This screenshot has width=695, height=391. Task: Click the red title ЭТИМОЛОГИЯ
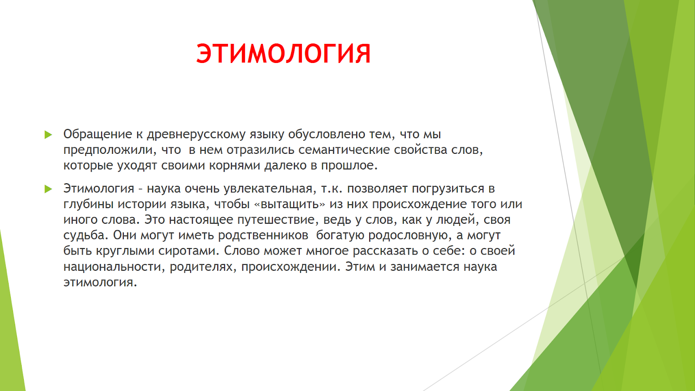tap(283, 53)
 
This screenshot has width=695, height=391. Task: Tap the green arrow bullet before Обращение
tap(48, 135)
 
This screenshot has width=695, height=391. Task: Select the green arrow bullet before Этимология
tap(48, 189)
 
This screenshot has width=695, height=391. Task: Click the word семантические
tap(344, 150)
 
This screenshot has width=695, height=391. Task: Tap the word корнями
tap(234, 166)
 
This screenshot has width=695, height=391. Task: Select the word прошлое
tap(349, 166)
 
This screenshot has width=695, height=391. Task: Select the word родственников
tap(263, 235)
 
